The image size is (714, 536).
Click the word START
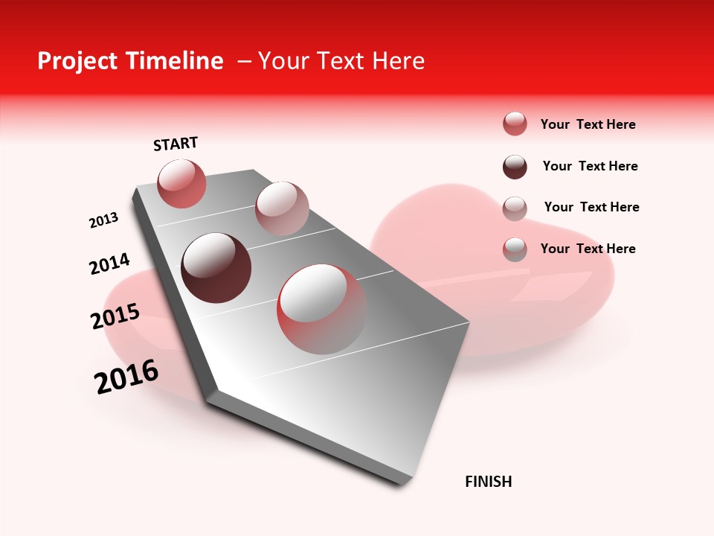coord(176,144)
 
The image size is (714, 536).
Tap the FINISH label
coord(488,482)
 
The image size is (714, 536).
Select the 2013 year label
coord(103,220)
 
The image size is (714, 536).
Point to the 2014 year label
coord(109,264)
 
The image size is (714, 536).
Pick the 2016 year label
coord(126,377)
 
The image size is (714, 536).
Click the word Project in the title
coord(78,61)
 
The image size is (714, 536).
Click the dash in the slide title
coord(244,61)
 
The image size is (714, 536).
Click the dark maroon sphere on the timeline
coord(216,268)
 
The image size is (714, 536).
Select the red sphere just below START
coord(181,184)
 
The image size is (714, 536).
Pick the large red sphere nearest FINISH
coord(321,309)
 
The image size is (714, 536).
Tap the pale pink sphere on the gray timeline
coord(282,208)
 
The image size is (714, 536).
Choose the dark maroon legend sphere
coord(515,167)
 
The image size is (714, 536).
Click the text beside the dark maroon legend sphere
coord(590,166)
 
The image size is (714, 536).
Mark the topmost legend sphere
coord(515,124)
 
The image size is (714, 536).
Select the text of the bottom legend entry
coord(588,249)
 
